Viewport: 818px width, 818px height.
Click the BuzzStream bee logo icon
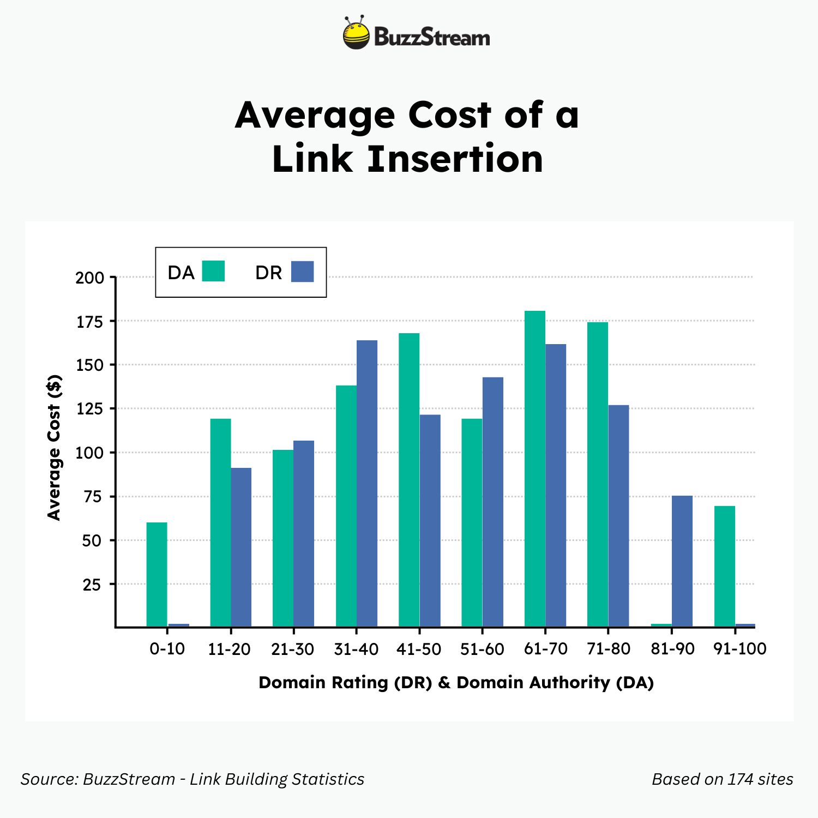tap(356, 34)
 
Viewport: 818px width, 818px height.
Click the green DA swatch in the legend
tap(213, 271)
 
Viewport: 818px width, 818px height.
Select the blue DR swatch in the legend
tap(302, 271)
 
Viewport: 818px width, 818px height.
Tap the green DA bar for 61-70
tap(534, 469)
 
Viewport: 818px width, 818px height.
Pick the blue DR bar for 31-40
tap(366, 483)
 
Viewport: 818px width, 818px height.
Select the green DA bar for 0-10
tap(157, 574)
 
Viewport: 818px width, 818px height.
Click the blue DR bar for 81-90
tap(682, 561)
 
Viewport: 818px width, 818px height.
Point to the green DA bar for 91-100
tap(724, 566)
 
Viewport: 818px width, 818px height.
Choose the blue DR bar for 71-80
tap(618, 515)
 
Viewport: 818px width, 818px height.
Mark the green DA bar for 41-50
tap(409, 480)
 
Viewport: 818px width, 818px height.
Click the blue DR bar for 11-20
tap(241, 547)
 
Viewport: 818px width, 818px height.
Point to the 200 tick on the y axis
tap(90, 278)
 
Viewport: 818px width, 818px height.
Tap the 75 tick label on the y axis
tap(92, 497)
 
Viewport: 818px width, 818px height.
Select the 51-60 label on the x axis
tap(482, 649)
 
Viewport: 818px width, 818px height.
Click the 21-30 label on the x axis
tap(293, 649)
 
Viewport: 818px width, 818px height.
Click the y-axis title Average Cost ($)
tap(53, 447)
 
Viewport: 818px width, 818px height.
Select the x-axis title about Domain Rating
tap(456, 682)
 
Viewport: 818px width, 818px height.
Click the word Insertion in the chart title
tap(455, 159)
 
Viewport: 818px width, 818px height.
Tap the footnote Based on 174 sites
tap(722, 779)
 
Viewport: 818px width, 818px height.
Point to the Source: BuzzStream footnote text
tap(193, 779)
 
